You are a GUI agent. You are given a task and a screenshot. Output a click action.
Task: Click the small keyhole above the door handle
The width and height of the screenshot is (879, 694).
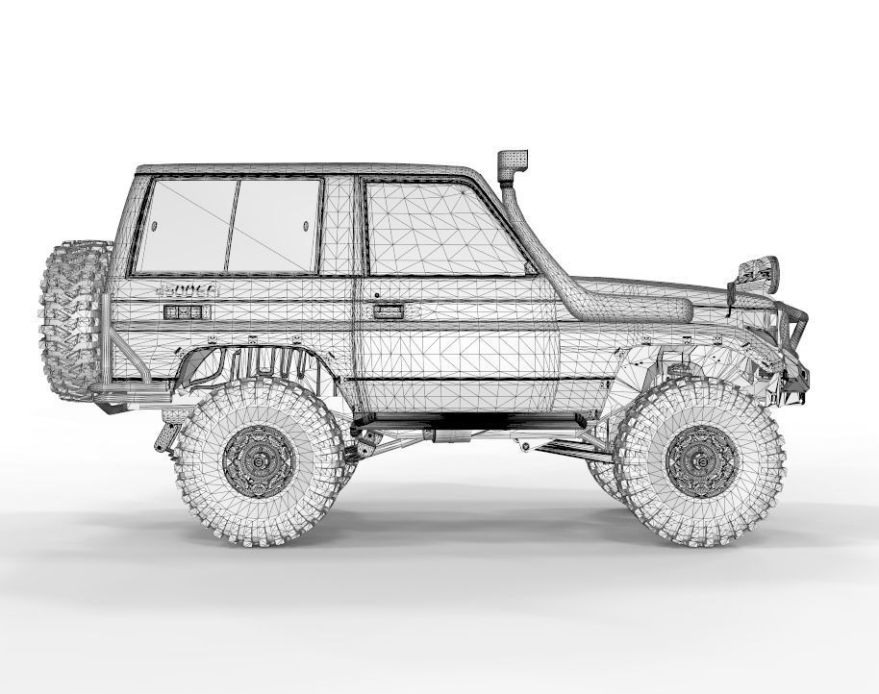point(377,295)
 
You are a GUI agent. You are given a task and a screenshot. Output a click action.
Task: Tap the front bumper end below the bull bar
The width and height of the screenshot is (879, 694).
point(795,384)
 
